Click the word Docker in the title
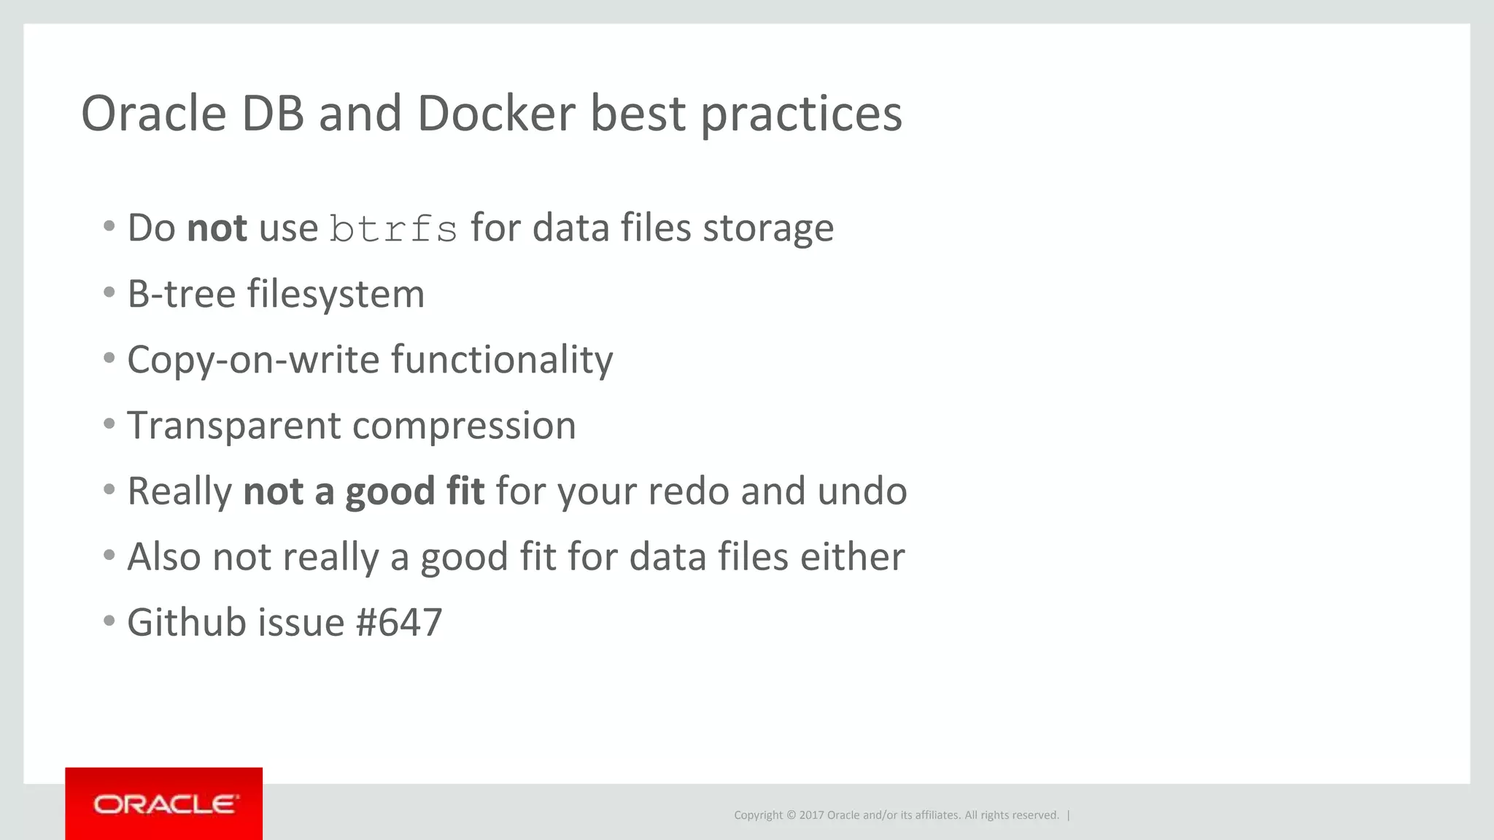click(x=496, y=114)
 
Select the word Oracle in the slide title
click(x=154, y=114)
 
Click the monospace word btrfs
click(x=393, y=229)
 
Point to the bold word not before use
click(x=217, y=227)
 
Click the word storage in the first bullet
click(x=767, y=229)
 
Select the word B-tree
click(x=181, y=294)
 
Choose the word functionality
click(x=502, y=360)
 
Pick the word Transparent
click(x=233, y=426)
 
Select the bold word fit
click(x=465, y=491)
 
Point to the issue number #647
click(x=399, y=623)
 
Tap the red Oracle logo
click(x=164, y=804)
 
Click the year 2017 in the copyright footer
click(x=811, y=815)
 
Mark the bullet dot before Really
click(x=109, y=489)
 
